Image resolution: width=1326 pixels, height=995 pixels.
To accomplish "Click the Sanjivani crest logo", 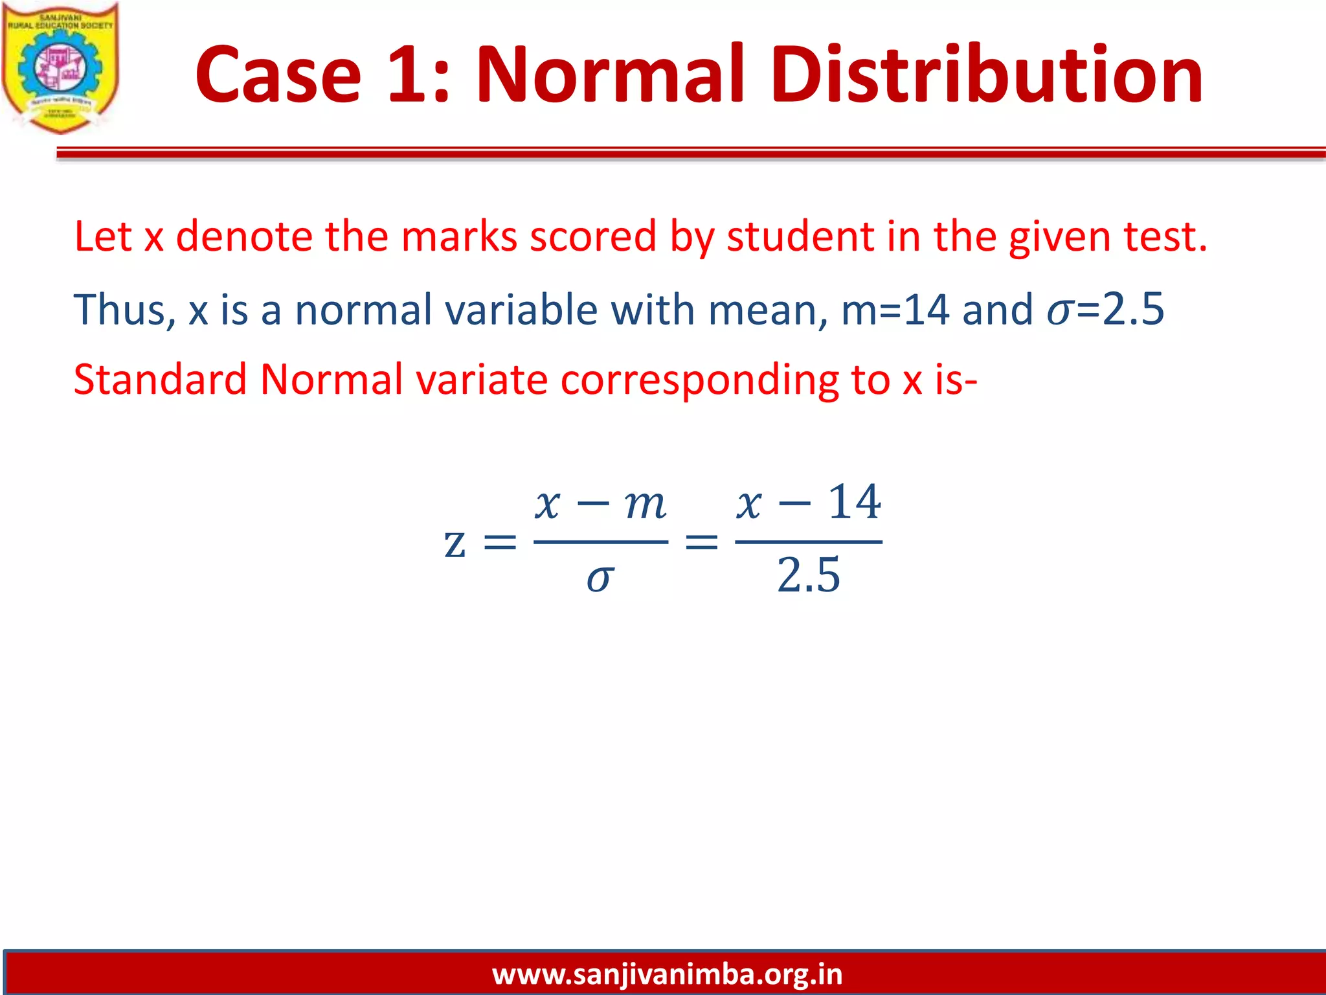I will coord(60,67).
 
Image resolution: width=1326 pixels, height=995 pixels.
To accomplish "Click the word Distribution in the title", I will coord(987,74).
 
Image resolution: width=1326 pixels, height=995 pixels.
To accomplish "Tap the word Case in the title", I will coord(278,74).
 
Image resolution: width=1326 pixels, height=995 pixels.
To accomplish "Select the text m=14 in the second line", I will coord(895,310).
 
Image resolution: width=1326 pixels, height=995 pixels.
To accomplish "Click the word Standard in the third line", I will coord(160,380).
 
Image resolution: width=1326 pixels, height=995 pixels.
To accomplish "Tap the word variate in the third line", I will coord(482,380).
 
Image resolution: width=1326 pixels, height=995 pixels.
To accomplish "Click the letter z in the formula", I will coord(455,543).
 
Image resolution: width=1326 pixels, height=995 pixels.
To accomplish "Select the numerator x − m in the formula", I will coord(600,503).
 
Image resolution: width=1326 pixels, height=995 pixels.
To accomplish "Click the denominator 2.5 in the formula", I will coord(809,575).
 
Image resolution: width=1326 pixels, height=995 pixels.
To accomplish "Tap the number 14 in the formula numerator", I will coord(855,502).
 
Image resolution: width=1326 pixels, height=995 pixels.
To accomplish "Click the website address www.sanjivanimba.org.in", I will coord(667,974).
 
